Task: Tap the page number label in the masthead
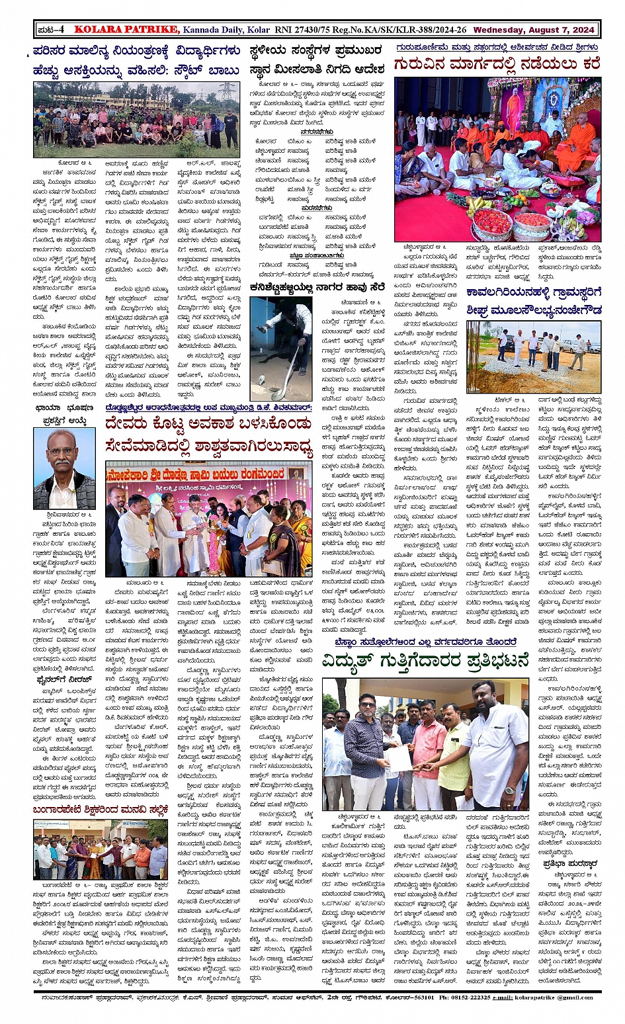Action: tap(51, 30)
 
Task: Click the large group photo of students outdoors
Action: tap(137, 119)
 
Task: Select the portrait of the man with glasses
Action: tap(63, 468)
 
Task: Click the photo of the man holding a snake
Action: tap(281, 347)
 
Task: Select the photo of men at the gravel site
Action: tap(533, 357)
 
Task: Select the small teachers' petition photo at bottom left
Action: tap(100, 849)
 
